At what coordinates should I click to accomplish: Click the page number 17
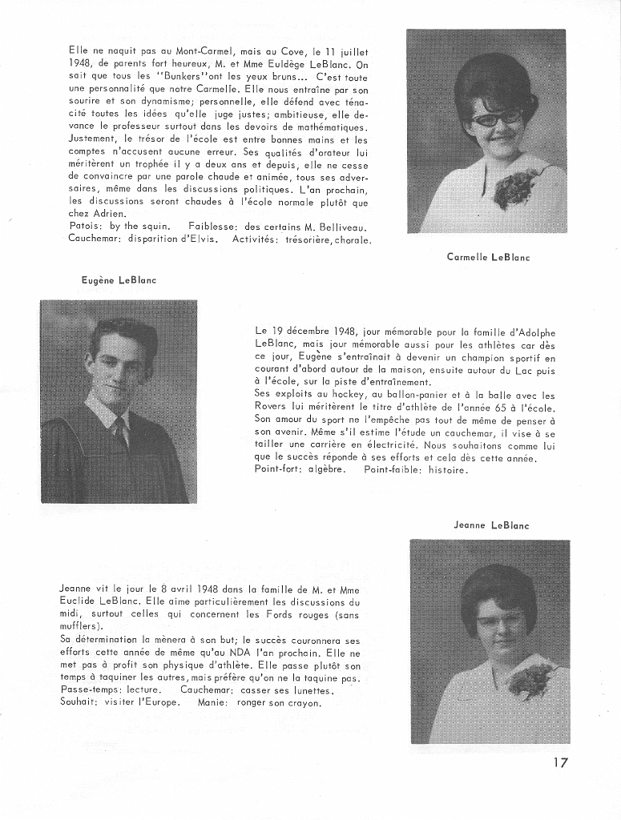pyautogui.click(x=560, y=762)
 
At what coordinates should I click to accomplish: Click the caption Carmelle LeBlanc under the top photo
pyautogui.click(x=488, y=257)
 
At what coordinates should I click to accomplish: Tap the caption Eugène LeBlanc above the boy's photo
pyautogui.click(x=119, y=279)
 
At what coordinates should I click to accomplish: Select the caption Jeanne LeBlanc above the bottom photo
pyautogui.click(x=491, y=525)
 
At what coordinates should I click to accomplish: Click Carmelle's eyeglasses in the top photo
pyautogui.click(x=497, y=118)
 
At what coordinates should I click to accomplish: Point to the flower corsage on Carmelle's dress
pyautogui.click(x=514, y=188)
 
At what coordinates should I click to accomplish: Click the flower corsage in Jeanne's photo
pyautogui.click(x=531, y=681)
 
